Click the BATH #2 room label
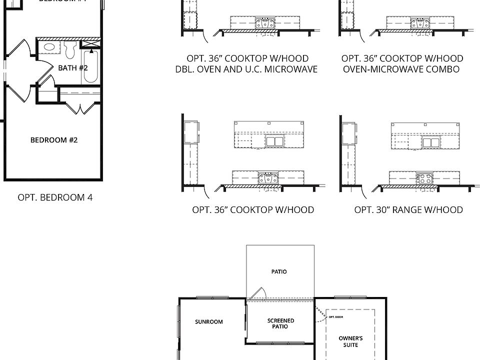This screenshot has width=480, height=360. click(72, 67)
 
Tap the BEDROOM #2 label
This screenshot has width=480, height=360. click(54, 140)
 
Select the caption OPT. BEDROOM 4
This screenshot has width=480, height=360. click(55, 197)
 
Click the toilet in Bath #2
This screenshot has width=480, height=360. click(70, 50)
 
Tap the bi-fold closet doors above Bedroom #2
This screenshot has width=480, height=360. click(80, 107)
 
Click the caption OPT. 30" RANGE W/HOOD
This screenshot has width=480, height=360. click(408, 210)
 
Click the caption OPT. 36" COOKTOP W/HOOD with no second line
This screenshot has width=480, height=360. click(253, 210)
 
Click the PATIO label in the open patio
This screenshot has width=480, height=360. click(279, 272)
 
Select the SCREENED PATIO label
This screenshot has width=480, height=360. click(280, 323)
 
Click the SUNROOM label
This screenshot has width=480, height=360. click(208, 322)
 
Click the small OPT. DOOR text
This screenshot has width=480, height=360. click(335, 317)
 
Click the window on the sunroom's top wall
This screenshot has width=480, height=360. click(208, 298)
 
